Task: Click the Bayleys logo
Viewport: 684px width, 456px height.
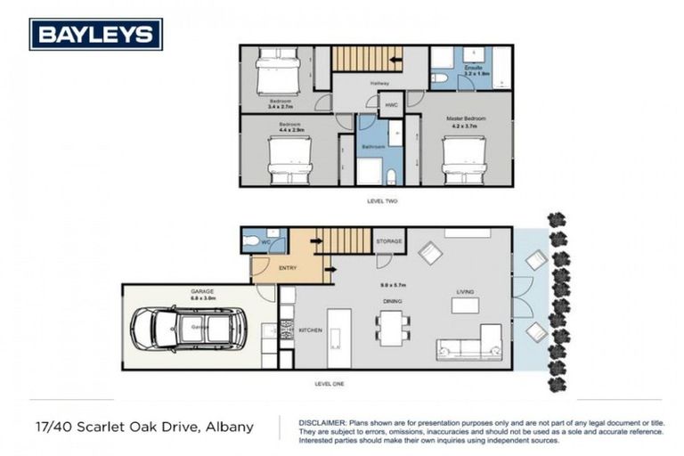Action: [x=96, y=34]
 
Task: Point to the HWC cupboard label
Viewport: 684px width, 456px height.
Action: [x=391, y=105]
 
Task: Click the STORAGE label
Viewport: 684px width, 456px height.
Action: [x=389, y=241]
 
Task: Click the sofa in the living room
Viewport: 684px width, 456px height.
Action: [x=467, y=343]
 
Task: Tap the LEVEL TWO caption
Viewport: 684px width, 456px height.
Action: [x=382, y=201]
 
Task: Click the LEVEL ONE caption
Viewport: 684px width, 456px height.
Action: [x=330, y=383]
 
